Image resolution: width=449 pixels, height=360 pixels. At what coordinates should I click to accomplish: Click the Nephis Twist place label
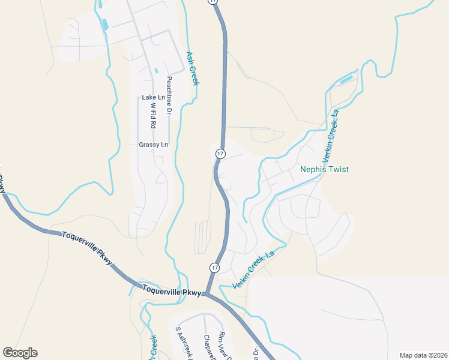(324, 170)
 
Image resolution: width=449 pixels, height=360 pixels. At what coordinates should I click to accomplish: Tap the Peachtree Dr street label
(169, 95)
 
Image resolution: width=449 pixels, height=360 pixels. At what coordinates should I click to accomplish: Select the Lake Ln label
(153, 97)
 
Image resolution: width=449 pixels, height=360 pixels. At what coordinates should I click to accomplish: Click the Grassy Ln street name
(154, 145)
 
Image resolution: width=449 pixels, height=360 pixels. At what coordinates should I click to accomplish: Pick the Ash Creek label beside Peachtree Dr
(192, 68)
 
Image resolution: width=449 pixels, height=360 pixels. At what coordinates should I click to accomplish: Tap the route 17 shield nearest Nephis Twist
(220, 154)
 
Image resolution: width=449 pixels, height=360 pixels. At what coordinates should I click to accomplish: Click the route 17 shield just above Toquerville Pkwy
(214, 266)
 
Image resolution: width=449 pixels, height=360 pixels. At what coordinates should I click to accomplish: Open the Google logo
(20, 353)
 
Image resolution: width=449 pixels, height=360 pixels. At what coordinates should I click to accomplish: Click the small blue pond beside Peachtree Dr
(156, 70)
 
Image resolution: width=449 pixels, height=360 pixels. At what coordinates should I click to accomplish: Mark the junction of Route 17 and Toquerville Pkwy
(206, 293)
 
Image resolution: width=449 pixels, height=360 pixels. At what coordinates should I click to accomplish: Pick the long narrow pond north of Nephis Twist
(346, 79)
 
